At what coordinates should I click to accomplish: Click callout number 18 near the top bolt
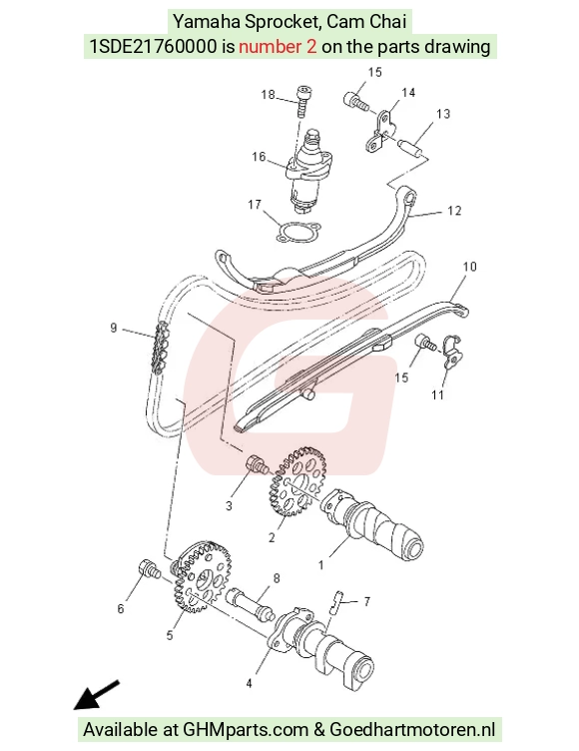click(x=268, y=94)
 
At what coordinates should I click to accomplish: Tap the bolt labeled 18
click(x=303, y=101)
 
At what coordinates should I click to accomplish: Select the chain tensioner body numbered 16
click(x=307, y=170)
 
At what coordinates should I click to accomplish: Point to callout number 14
click(x=408, y=93)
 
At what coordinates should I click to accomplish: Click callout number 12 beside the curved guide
click(x=454, y=211)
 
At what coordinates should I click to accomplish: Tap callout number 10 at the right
click(x=470, y=267)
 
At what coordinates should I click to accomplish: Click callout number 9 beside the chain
click(x=114, y=329)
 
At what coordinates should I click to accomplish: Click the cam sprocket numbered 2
click(x=295, y=481)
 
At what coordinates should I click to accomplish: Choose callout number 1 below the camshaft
click(x=321, y=565)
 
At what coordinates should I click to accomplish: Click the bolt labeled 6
click(x=149, y=568)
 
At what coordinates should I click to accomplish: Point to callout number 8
click(x=277, y=578)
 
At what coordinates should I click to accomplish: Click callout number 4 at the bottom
click(x=249, y=683)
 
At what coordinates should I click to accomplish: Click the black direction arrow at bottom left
click(x=96, y=695)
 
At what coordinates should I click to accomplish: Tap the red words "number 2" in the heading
click(x=278, y=47)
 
